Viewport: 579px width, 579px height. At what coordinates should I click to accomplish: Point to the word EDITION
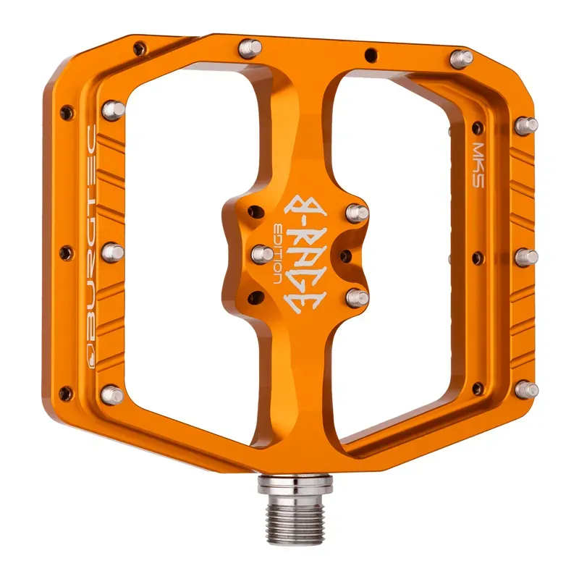pyautogui.click(x=279, y=250)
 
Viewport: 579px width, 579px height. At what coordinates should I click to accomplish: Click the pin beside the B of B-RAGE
pyautogui.click(x=355, y=211)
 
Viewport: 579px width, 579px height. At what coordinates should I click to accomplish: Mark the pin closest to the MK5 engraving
pyautogui.click(x=527, y=124)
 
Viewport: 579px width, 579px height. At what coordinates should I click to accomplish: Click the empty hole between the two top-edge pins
pyautogui.click(x=371, y=53)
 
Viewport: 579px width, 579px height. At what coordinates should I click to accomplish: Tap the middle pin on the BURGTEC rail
pyautogui.click(x=113, y=253)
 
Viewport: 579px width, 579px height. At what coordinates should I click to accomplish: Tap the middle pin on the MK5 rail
pyautogui.click(x=527, y=257)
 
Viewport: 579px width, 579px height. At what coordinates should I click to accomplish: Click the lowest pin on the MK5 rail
pyautogui.click(x=529, y=390)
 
